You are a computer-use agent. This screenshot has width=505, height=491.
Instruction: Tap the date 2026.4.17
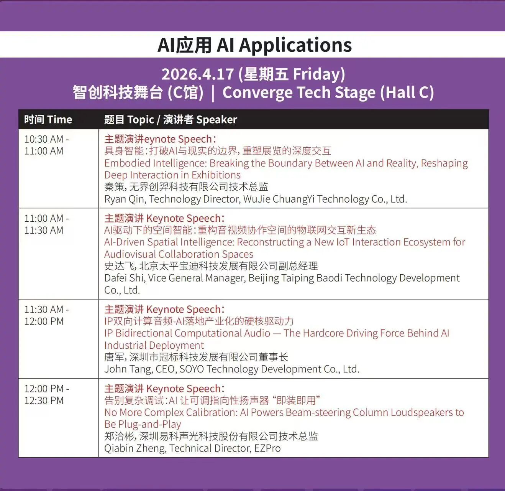coord(197,74)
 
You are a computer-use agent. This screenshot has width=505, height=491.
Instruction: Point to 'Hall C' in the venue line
coord(407,92)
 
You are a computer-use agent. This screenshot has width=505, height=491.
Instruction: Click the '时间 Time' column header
coord(48,120)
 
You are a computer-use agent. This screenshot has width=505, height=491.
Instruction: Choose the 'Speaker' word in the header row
coord(217,120)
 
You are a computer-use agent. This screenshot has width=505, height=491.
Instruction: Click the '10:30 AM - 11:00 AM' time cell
coord(46,145)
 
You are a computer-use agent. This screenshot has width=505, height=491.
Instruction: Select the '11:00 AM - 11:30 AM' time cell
coord(46,224)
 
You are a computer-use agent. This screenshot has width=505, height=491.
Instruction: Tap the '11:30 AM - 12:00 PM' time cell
coord(46,315)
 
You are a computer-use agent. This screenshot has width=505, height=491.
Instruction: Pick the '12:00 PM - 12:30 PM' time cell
coord(47,395)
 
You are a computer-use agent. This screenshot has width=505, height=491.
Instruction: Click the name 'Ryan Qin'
coord(125,199)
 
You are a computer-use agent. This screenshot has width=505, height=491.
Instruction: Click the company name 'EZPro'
coord(267,448)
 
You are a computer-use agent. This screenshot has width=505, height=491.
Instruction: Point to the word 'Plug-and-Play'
coord(150,425)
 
